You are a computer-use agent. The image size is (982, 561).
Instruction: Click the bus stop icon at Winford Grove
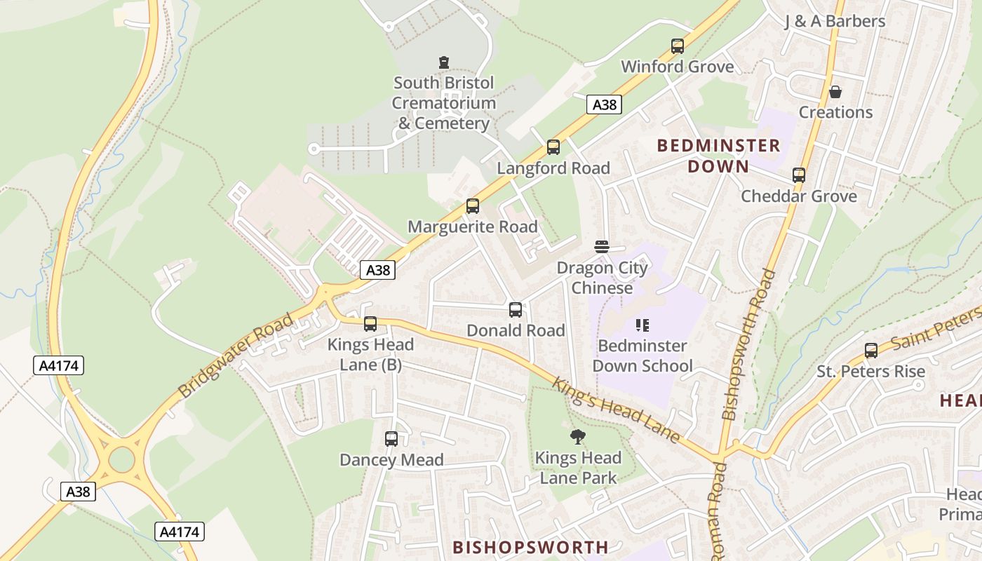coord(677,46)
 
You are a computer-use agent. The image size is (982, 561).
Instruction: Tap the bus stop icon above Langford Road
coord(553,147)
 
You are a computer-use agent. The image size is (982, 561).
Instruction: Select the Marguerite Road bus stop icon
coord(473,206)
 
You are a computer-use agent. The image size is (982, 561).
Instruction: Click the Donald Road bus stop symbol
coord(516,309)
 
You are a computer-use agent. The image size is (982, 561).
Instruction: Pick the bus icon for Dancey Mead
coord(391,439)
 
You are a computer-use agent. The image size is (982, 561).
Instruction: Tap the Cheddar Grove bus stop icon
coord(799,175)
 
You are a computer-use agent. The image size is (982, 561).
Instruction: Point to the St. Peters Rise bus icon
coord(871,351)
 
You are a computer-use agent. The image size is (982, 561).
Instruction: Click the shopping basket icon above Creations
coord(835,92)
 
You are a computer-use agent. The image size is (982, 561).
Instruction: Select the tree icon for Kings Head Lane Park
coord(578,437)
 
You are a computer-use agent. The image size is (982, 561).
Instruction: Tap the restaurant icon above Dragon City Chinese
coord(602,247)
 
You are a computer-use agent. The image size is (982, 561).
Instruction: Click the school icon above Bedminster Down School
coord(642,325)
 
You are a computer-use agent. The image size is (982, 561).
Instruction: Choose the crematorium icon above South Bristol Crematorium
coord(443,62)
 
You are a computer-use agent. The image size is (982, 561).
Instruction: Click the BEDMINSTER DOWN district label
coord(718,156)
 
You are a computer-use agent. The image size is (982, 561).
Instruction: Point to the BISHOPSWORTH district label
coord(530,547)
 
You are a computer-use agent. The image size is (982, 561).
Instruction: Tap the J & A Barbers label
coord(835,21)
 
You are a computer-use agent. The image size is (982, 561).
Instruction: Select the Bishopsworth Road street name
coord(749,344)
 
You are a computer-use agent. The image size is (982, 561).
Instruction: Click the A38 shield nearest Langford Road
coord(604,104)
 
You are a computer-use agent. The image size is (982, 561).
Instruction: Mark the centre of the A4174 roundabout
coord(121,460)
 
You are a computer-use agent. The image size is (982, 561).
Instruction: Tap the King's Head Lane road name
coord(616,410)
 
